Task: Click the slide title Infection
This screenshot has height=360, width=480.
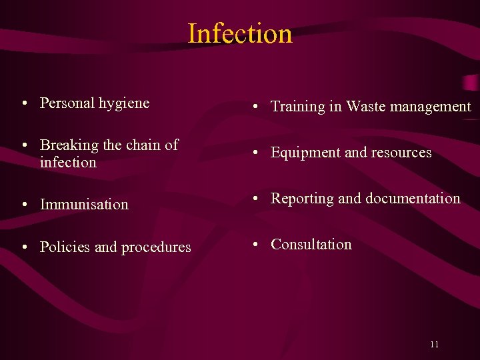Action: click(240, 33)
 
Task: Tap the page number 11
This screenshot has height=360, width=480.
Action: click(434, 345)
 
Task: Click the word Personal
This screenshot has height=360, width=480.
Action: click(67, 103)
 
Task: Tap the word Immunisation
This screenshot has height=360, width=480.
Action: click(84, 205)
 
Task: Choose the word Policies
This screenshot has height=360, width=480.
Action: click(65, 247)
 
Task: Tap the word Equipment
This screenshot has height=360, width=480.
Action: click(304, 153)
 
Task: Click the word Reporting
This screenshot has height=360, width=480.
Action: click(302, 199)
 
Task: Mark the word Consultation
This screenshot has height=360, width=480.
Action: click(311, 245)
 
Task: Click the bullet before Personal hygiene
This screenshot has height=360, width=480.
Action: click(23, 104)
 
